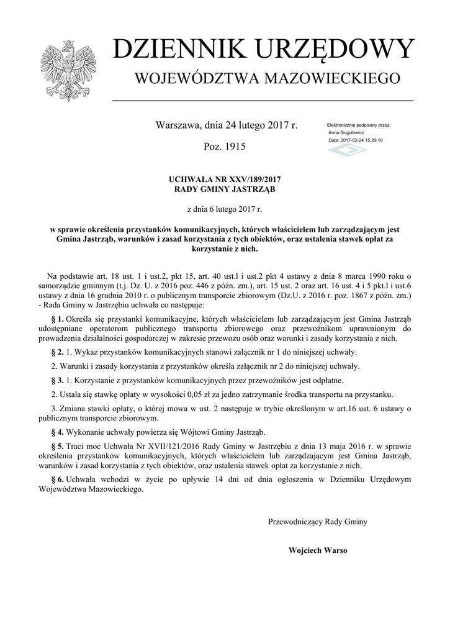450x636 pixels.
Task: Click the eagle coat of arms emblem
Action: click(x=64, y=70)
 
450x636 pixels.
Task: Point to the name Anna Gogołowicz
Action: click(x=346, y=133)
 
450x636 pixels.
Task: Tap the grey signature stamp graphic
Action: click(x=347, y=151)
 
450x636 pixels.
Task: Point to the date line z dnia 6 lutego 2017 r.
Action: click(x=225, y=210)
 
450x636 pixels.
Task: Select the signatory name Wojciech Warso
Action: click(x=318, y=550)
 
